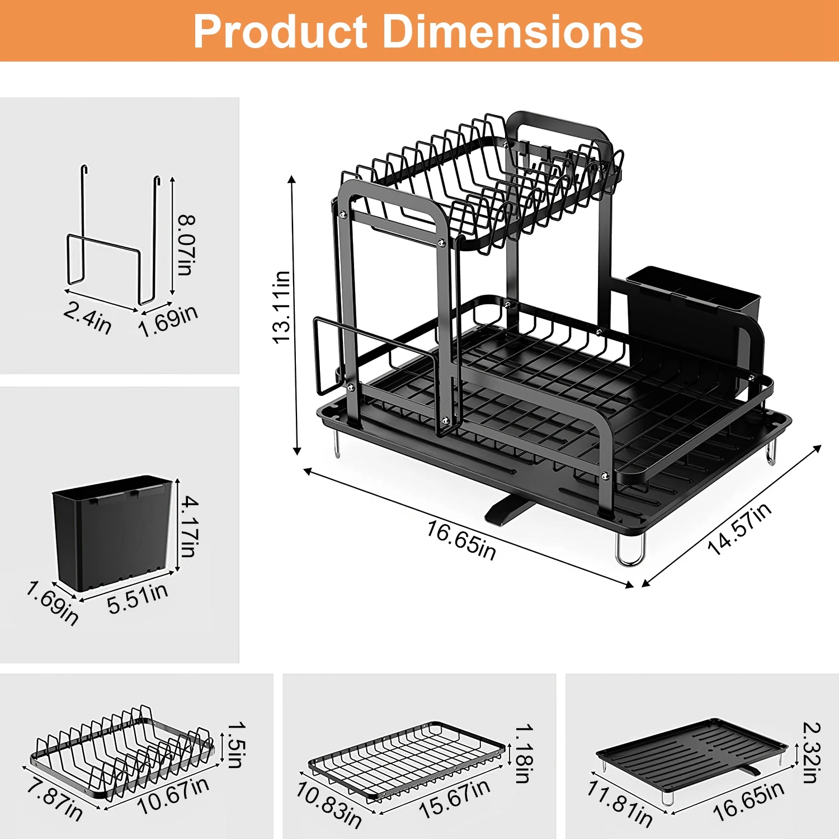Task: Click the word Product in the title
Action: (x=280, y=32)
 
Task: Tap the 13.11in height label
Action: (x=282, y=307)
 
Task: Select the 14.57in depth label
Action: (x=739, y=529)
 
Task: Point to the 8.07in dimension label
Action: (x=186, y=244)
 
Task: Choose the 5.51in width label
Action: (x=138, y=598)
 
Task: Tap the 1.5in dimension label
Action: (x=236, y=744)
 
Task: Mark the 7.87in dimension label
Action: (x=55, y=800)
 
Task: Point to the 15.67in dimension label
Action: (x=455, y=799)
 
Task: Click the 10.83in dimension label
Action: (x=329, y=804)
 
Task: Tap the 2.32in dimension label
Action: (x=811, y=752)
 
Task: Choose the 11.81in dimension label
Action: (x=620, y=804)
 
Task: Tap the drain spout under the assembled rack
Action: (x=507, y=509)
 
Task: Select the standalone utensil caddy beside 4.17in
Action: (x=112, y=531)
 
